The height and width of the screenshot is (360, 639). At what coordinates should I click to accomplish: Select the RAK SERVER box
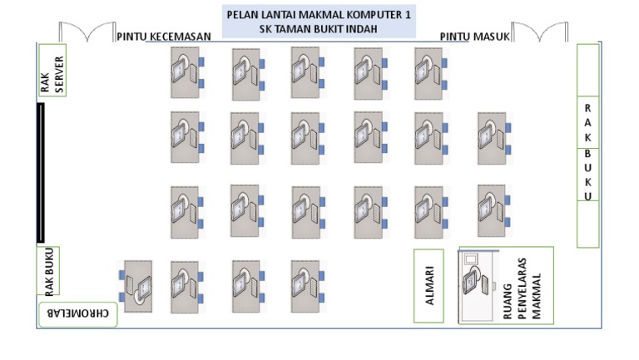pos(52,72)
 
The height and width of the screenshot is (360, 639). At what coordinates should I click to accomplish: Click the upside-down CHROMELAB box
pos(77,315)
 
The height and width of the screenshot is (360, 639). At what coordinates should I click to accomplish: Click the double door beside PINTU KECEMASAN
pos(86,33)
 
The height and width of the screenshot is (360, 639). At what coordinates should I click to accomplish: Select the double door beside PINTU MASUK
pos(540,33)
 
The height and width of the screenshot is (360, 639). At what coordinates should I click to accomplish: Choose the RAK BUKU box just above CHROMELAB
pos(51,271)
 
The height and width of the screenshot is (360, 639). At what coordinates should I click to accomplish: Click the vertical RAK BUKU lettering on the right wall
pos(587,152)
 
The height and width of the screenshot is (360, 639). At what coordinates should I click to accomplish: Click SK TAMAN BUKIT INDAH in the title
pos(319,29)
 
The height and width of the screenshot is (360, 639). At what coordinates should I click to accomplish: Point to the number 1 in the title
pos(407,15)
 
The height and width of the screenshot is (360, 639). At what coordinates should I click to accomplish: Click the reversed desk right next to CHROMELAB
pos(138,282)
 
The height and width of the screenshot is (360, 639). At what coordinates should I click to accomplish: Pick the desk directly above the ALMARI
pos(428,205)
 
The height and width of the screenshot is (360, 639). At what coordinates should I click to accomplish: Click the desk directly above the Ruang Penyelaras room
pos(490,205)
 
